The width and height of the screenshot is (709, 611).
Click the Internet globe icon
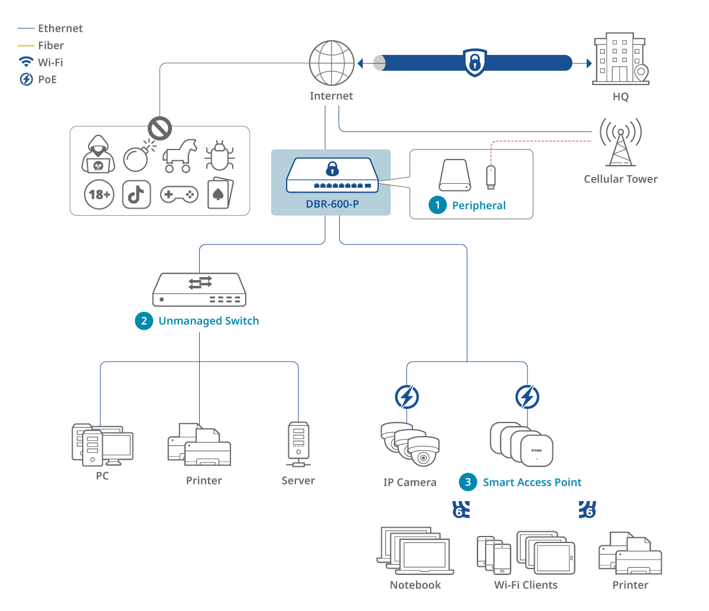tap(331, 63)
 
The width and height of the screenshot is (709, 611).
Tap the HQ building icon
tap(620, 59)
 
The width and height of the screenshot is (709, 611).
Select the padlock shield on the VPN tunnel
tap(474, 62)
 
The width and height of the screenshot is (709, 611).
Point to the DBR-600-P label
tap(332, 204)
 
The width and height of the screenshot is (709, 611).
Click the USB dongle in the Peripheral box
tap(490, 177)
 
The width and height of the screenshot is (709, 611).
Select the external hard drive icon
tap(455, 175)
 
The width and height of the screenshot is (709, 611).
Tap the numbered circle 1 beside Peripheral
tap(437, 205)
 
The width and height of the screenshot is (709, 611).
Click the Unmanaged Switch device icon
tap(199, 290)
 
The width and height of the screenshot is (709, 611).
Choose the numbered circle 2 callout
tap(144, 321)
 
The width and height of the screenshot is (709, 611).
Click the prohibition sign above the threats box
tap(160, 128)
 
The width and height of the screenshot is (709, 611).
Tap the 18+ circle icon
tap(99, 194)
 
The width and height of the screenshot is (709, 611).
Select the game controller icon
tap(179, 194)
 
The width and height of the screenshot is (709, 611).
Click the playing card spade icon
tap(220, 193)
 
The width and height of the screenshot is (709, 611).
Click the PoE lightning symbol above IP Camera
tap(406, 397)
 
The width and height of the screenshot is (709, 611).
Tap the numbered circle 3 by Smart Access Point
tap(468, 482)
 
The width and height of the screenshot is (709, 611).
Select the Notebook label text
tap(415, 585)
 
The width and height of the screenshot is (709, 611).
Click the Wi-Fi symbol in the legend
tap(26, 62)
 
